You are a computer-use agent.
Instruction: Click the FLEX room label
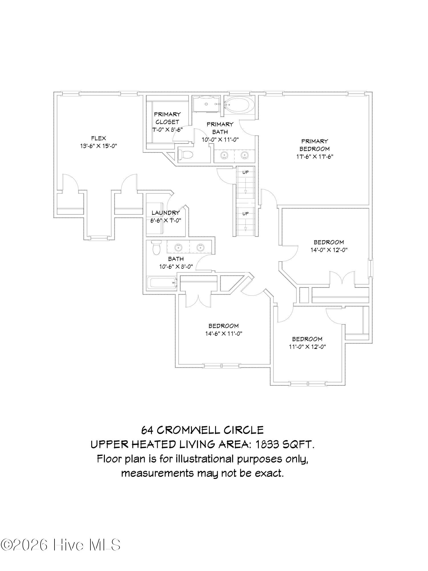[x=98, y=138]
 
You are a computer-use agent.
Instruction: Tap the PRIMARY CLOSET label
[x=167, y=118]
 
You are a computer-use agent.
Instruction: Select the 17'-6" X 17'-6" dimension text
[x=315, y=156]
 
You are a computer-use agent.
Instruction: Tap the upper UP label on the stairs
[x=245, y=172]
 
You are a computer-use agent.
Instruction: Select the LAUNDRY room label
[x=166, y=213]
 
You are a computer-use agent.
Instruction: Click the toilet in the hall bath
[x=156, y=248]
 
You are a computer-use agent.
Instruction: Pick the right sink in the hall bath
[x=200, y=247]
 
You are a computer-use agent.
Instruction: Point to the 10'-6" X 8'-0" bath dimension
[x=176, y=267]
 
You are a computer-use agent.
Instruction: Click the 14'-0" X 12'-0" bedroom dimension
[x=329, y=250]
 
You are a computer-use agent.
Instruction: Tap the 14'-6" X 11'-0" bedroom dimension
[x=224, y=333]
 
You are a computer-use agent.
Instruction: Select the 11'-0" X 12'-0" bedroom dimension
[x=307, y=347]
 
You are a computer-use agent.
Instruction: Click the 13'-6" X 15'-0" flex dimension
[x=99, y=146]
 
